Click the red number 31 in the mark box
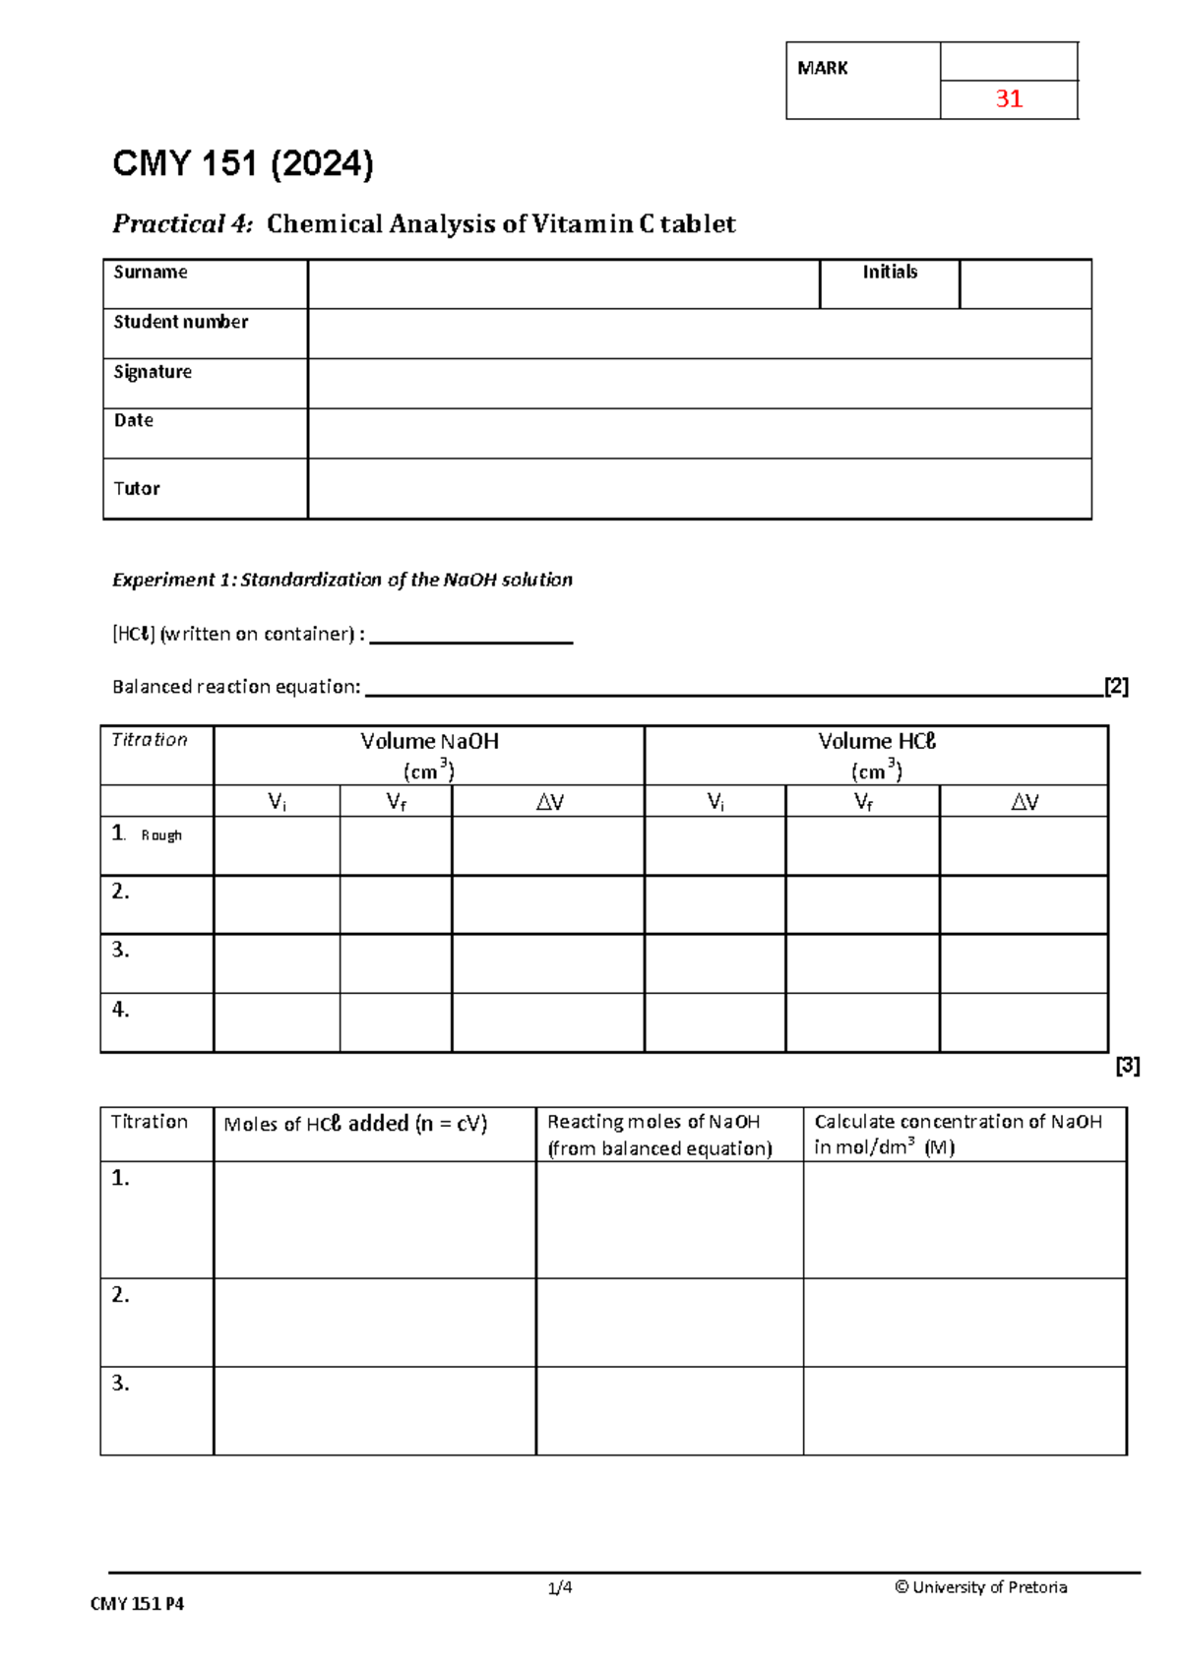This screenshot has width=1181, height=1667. (x=1009, y=98)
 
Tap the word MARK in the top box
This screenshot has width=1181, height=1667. (x=823, y=68)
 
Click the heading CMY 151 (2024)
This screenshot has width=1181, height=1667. (x=243, y=163)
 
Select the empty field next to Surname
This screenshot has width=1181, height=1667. (x=563, y=284)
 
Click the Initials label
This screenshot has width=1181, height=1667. (x=890, y=273)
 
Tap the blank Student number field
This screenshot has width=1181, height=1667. (x=699, y=334)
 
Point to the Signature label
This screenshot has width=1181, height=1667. (x=153, y=372)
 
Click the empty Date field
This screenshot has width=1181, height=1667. (x=699, y=433)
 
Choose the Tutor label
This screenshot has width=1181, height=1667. (x=137, y=488)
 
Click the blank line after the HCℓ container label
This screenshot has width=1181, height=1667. (x=470, y=635)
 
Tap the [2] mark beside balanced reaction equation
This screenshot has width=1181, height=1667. (x=1116, y=686)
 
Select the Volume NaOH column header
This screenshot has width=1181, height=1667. (x=429, y=742)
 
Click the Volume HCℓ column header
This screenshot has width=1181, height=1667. (x=876, y=742)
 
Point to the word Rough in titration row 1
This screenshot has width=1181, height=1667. (x=161, y=835)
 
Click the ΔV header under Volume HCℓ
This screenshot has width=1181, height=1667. (x=1024, y=802)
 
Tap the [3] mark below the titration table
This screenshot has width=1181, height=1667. (x=1128, y=1066)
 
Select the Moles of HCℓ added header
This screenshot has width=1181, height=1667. (x=355, y=1124)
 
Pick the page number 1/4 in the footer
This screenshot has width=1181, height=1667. (x=560, y=1587)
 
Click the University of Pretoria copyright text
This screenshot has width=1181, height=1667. (x=980, y=1587)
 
